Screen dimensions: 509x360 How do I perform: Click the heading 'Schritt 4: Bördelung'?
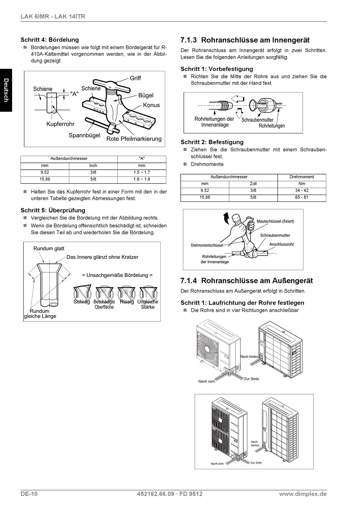[x=50, y=40]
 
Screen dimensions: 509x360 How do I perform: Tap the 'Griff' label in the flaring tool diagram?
[x=135, y=78]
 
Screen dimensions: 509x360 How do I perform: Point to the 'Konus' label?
[x=151, y=105]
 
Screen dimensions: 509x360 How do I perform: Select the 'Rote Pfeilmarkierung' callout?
[x=134, y=139]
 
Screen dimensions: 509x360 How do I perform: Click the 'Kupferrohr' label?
[x=60, y=124]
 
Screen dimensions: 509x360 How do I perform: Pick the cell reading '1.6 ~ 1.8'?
[x=142, y=179]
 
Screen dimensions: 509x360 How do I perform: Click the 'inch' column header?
[x=93, y=166]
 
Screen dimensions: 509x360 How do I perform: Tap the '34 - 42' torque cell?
[x=302, y=190]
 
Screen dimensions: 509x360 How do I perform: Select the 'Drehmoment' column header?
[x=302, y=177]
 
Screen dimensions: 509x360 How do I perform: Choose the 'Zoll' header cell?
[x=253, y=184]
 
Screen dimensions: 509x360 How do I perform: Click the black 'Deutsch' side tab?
[x=6, y=90]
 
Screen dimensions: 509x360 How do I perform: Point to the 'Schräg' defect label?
[x=82, y=302]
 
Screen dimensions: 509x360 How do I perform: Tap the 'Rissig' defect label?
[x=127, y=302]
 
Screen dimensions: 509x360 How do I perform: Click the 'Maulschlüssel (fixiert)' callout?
[x=275, y=221]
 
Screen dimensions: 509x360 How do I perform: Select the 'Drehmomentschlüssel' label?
[x=207, y=245]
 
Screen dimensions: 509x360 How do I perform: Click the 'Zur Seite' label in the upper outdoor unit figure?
[x=252, y=379]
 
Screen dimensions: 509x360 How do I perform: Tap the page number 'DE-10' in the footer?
[x=29, y=494]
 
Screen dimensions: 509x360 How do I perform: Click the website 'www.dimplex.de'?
[x=302, y=494]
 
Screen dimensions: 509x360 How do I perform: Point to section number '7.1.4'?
[x=189, y=281]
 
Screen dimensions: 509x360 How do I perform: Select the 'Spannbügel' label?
[x=85, y=135]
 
